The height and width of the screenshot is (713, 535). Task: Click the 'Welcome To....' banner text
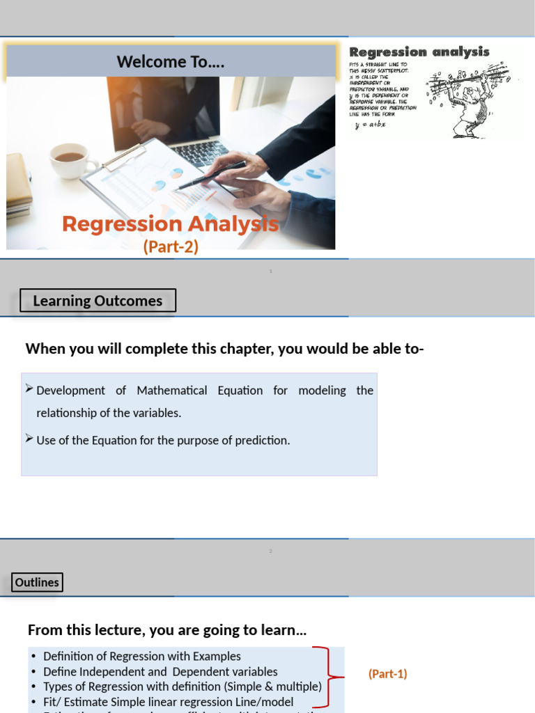coord(171,62)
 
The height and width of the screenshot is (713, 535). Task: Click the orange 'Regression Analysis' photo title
coord(170,224)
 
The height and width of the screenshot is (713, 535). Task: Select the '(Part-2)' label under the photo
coord(171,247)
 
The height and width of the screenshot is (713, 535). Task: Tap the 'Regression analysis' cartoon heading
coord(419,52)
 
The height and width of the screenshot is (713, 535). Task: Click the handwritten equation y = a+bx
coord(370,125)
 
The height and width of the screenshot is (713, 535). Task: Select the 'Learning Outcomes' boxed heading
coord(98,301)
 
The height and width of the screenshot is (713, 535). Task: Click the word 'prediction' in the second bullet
coord(261,440)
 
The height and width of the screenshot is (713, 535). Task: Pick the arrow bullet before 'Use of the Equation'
coord(29,438)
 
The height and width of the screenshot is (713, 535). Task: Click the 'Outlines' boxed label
coord(37,582)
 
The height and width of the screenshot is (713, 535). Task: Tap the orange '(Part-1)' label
coord(387,674)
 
